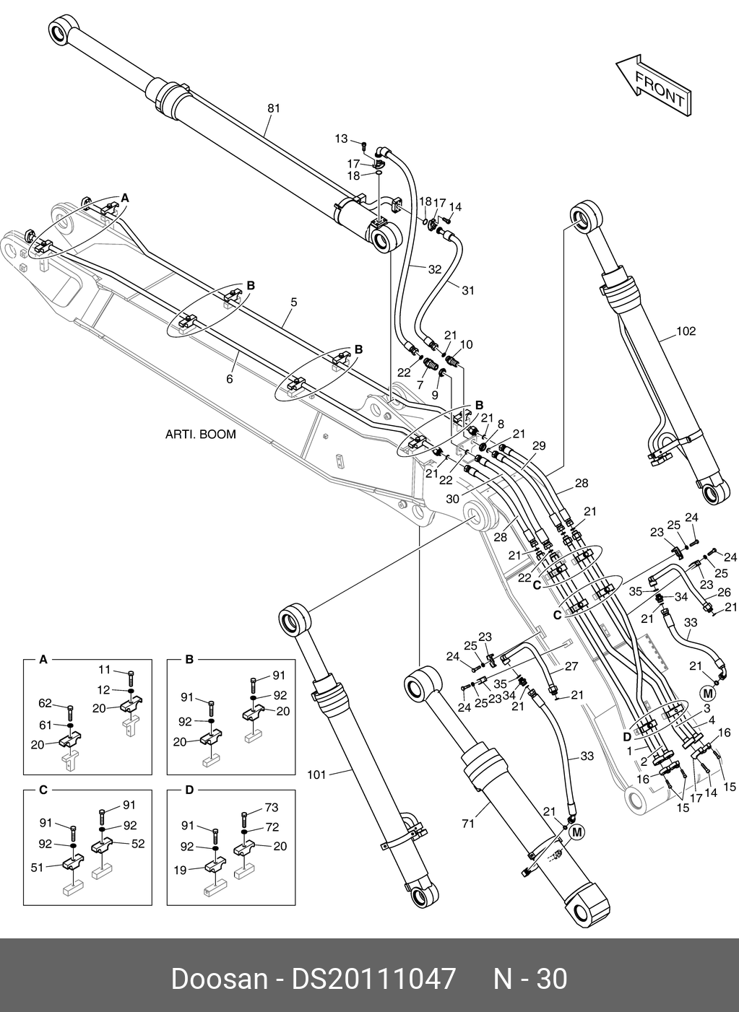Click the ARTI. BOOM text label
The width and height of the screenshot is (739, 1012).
[x=201, y=435]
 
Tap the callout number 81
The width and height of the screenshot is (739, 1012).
[x=274, y=108]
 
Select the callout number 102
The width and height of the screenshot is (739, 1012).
[x=686, y=331]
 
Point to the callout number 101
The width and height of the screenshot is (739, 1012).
[x=317, y=775]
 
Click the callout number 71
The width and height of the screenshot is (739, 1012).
[x=468, y=823]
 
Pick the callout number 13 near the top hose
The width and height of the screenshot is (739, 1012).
[x=341, y=139]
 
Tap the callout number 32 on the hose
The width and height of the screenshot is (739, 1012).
[x=434, y=269]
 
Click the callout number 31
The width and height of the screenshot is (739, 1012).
[x=468, y=291]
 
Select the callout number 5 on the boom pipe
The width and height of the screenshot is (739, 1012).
[x=293, y=302]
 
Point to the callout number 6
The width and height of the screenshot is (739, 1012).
[x=230, y=378]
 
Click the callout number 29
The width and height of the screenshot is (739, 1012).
[x=538, y=447]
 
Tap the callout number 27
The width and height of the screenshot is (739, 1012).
[x=571, y=666]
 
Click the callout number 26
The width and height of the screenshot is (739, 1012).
[x=724, y=592]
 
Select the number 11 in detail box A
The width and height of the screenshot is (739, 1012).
[x=104, y=670]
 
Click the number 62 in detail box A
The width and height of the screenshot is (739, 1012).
[x=46, y=702]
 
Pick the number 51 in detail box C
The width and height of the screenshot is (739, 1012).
[x=38, y=868]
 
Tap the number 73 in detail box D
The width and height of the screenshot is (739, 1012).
[x=271, y=808]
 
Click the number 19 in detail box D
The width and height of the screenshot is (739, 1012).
[x=181, y=870]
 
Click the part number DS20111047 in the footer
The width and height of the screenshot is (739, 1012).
[x=373, y=980]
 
